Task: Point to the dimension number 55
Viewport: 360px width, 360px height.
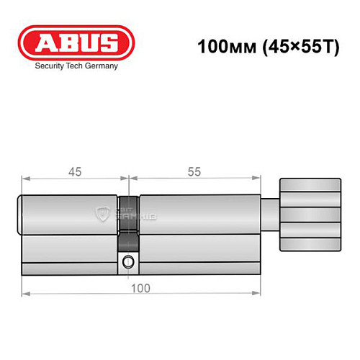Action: (192, 171)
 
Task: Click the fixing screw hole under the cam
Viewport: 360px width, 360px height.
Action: (128, 262)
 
